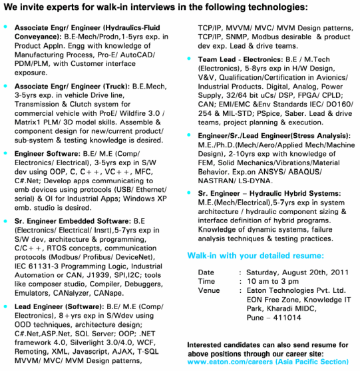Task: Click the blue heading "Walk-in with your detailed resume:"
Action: point(256,256)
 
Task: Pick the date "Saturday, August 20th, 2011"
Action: point(287,272)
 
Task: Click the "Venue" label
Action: point(209,290)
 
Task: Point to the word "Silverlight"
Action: point(85,340)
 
